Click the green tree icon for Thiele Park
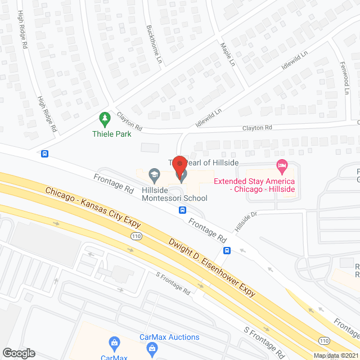pyautogui.click(x=104, y=119)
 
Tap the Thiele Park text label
pyautogui.click(x=112, y=134)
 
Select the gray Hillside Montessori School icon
pyautogui.click(x=153, y=175)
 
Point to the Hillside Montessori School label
pyautogui.click(x=174, y=194)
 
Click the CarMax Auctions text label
pyautogui.click(x=169, y=337)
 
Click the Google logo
pyautogui.click(x=18, y=353)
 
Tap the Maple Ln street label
pyautogui.click(x=227, y=52)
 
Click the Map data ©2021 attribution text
pyautogui.click(x=336, y=355)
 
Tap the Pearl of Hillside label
pyautogui.click(x=205, y=162)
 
